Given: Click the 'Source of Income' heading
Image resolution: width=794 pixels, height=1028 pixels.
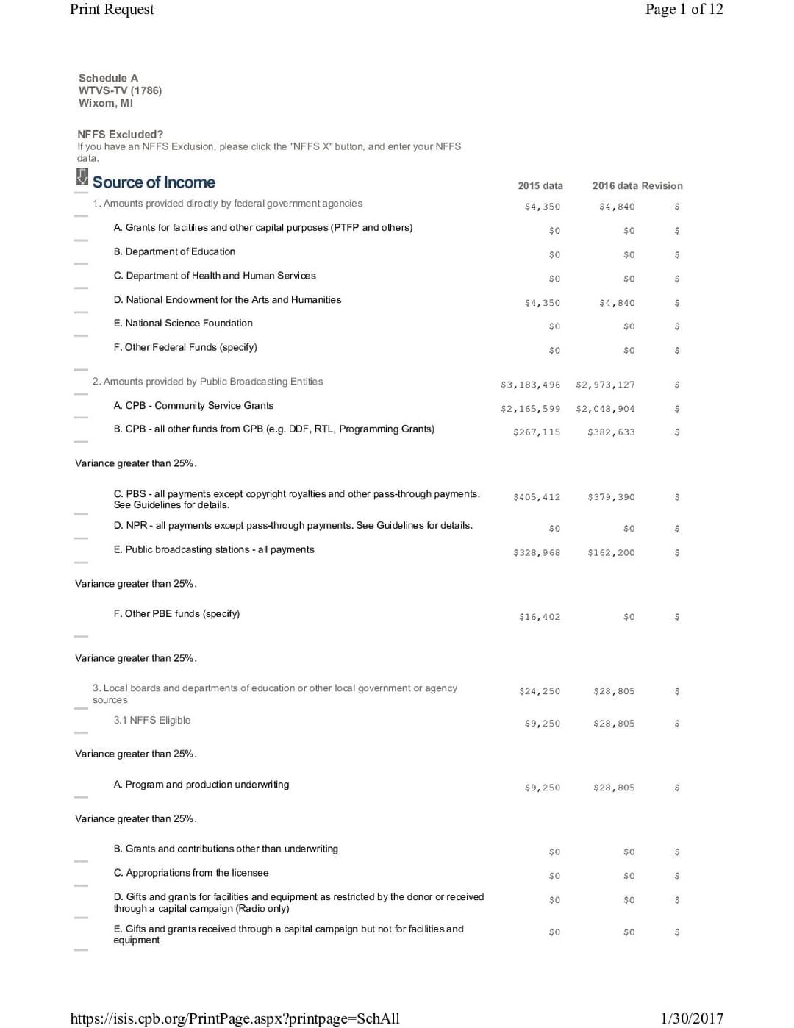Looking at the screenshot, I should [x=154, y=182].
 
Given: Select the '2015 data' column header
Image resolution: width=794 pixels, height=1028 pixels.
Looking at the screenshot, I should [x=540, y=186].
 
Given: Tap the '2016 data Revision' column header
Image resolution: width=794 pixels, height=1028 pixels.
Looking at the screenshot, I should [x=637, y=186].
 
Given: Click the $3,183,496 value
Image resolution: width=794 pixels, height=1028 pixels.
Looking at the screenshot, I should [x=530, y=385].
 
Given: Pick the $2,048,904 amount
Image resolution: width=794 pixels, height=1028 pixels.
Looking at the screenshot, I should [x=605, y=409].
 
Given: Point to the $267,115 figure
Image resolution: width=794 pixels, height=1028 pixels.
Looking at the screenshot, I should [x=536, y=432].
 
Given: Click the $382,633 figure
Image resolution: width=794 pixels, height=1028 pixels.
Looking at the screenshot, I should [x=611, y=432].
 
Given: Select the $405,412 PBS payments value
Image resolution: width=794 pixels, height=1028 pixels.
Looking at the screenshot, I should [x=536, y=497].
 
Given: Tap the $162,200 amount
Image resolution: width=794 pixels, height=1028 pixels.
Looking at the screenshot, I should [x=611, y=553].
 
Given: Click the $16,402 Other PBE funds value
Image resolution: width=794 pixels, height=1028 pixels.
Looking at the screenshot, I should [x=539, y=617].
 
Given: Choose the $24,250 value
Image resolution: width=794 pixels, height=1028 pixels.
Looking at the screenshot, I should [x=539, y=691].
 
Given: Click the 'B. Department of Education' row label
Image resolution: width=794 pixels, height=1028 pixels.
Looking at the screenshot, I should [x=174, y=251].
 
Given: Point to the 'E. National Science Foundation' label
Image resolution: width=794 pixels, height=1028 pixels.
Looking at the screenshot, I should [x=183, y=323].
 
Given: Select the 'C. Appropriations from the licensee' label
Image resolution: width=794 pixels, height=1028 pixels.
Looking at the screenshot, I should [x=191, y=873].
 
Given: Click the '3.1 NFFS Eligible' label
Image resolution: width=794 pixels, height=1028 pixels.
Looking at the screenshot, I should [x=151, y=720].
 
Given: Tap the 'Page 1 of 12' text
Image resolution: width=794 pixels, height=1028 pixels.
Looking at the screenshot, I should [x=684, y=10].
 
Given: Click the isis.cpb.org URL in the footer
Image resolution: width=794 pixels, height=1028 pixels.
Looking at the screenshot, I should [x=235, y=1018].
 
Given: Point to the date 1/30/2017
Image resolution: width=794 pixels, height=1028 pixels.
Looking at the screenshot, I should [x=691, y=1018].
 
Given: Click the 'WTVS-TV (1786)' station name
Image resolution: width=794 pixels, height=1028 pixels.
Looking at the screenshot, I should [x=120, y=90].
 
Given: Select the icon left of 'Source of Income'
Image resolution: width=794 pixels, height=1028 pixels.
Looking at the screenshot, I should [x=82, y=177].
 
